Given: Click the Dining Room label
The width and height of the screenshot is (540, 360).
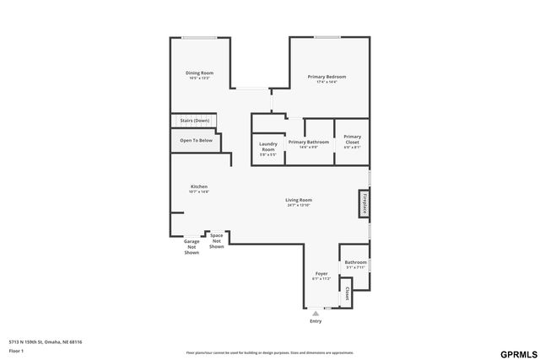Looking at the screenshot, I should coord(199,73).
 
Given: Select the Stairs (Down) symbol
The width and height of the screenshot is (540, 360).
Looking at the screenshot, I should coord(195,121).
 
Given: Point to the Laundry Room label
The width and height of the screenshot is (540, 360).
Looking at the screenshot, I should coord(267,147).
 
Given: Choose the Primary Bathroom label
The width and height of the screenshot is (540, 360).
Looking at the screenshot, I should coord(308,142).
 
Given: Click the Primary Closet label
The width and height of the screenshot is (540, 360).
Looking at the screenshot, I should coord(352,142).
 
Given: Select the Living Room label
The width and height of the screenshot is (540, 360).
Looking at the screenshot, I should coord(299,201).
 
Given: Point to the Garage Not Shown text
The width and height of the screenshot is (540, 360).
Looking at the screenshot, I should coord(192,247).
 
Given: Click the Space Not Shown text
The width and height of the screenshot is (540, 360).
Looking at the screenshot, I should coord(217,241).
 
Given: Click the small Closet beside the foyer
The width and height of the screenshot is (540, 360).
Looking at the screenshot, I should coord(347,293).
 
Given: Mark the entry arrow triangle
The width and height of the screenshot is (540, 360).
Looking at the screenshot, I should coord(316,313).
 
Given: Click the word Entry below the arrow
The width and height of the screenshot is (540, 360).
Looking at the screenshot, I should coord(316,321).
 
